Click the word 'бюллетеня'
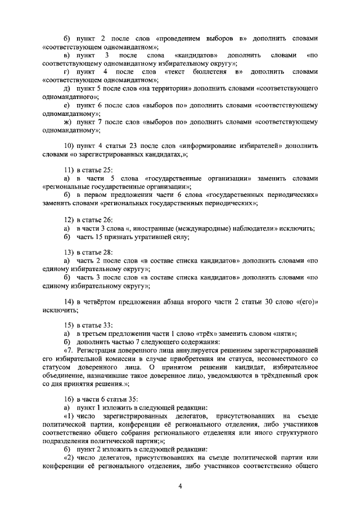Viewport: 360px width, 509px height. coord(210,73)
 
